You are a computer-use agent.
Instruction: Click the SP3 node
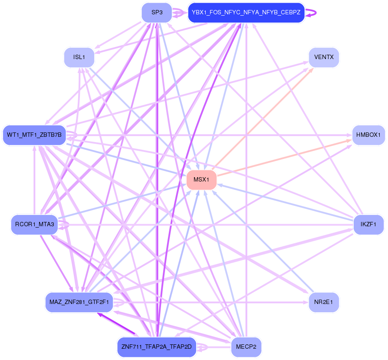(x=157, y=13)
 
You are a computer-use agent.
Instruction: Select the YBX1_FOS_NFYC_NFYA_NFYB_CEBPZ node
(x=246, y=13)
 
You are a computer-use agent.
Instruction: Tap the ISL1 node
(x=79, y=57)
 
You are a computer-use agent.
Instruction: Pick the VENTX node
(x=323, y=57)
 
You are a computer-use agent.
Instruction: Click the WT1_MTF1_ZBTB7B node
(x=34, y=135)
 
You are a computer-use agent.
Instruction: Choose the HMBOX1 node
(x=368, y=135)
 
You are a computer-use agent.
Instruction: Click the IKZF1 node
(x=368, y=225)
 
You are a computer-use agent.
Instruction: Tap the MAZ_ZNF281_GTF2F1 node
(x=79, y=302)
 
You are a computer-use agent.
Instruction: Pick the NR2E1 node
(x=323, y=302)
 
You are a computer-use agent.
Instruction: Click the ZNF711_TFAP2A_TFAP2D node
(x=157, y=347)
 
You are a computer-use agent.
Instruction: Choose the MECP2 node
(x=246, y=347)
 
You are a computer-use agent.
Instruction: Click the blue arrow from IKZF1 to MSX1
(x=286, y=202)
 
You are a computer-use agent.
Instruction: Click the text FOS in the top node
(x=216, y=13)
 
